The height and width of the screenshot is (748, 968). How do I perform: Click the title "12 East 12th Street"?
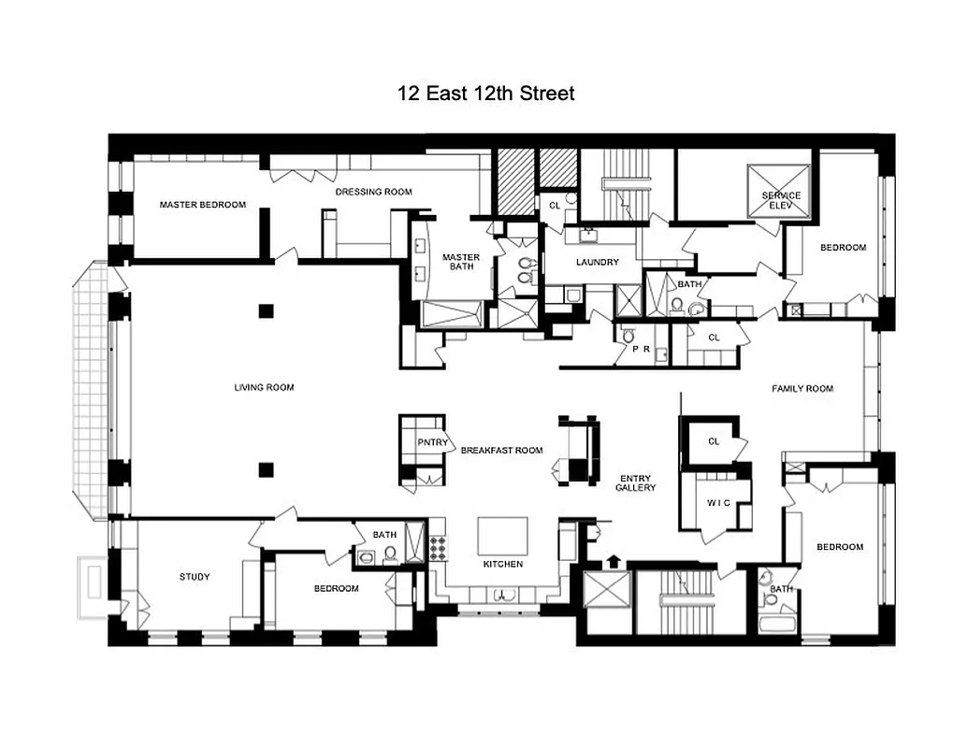[484, 93]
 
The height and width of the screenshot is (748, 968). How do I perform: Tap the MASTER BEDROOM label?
[202, 205]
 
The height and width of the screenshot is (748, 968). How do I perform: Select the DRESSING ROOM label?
[373, 192]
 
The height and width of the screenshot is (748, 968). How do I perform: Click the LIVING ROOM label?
[264, 387]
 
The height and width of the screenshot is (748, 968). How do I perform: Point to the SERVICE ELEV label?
[781, 201]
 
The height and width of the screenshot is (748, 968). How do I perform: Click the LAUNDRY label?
[597, 263]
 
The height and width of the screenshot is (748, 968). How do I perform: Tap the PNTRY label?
[433, 443]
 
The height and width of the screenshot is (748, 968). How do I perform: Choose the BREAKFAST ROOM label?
[501, 450]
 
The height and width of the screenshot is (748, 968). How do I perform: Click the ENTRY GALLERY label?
[635, 482]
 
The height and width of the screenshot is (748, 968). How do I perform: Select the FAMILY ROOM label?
[802, 388]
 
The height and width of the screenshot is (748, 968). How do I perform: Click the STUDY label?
[195, 577]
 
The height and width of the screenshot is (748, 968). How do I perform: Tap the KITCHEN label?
[503, 564]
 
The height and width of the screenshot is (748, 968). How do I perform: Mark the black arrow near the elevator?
[614, 560]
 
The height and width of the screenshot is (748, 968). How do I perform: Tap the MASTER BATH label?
[460, 262]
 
